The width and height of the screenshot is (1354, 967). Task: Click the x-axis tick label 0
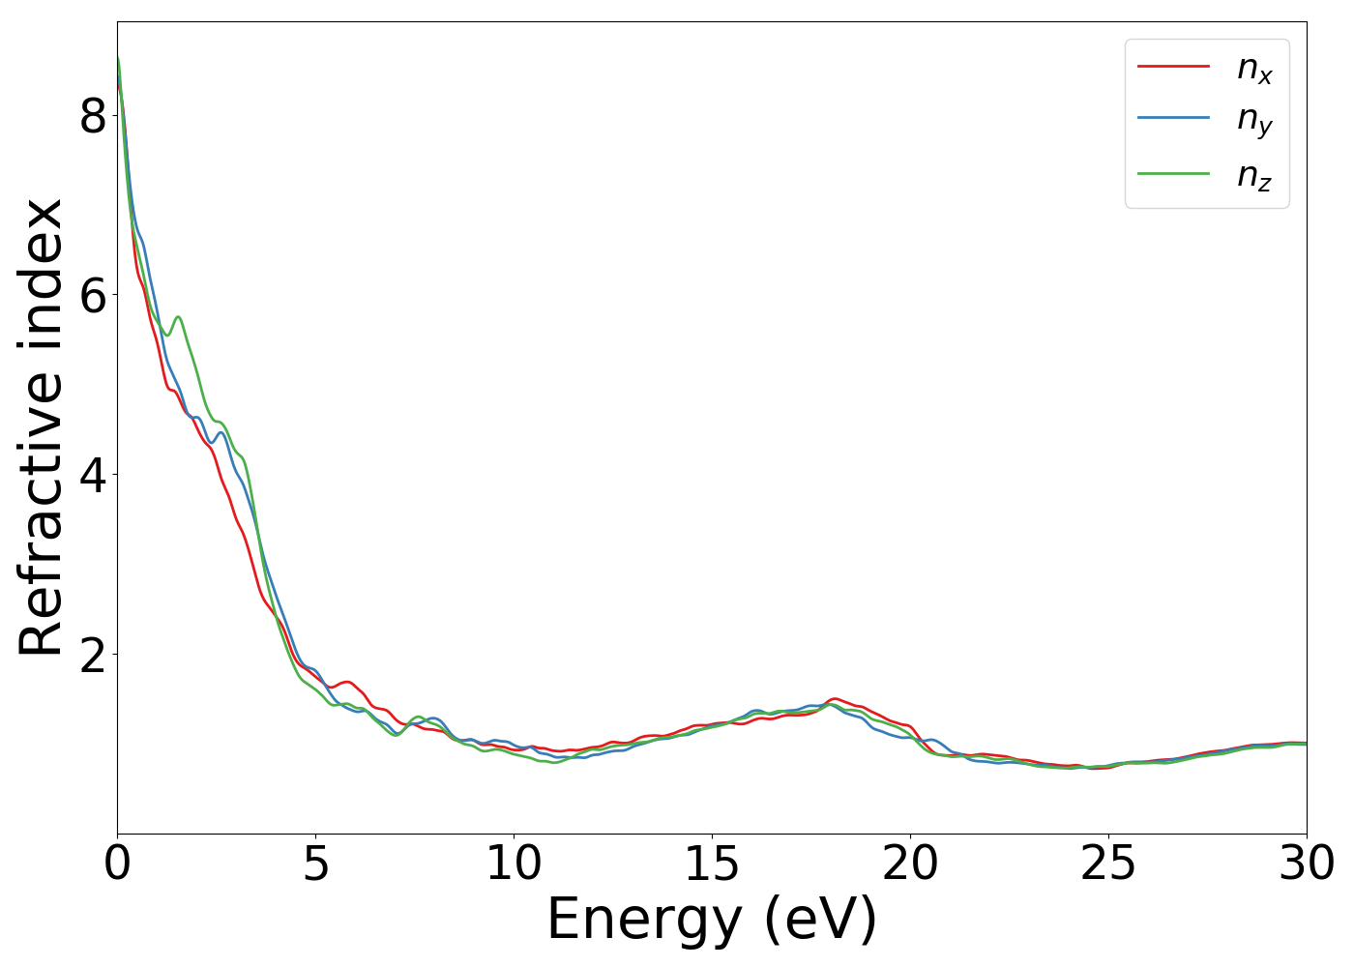click(117, 864)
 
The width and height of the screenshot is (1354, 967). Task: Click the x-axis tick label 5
click(315, 864)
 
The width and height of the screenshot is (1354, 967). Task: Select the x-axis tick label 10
click(514, 864)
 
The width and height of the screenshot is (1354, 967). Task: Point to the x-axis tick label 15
click(712, 864)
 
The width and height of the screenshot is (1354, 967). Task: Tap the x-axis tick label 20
click(910, 864)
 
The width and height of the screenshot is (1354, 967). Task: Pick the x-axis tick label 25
click(1108, 864)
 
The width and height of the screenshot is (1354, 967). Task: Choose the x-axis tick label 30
click(1306, 864)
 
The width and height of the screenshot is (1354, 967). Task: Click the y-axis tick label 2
click(93, 655)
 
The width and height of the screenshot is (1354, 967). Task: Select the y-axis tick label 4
click(93, 475)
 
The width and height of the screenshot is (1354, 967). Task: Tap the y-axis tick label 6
click(93, 295)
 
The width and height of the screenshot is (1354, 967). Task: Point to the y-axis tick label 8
click(93, 116)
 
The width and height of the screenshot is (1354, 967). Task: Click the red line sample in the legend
click(1173, 66)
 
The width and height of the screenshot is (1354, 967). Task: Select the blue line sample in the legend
click(1173, 118)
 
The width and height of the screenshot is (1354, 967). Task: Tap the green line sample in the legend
click(1173, 173)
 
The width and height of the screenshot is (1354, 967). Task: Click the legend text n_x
click(1254, 69)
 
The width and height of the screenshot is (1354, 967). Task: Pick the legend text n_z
click(1254, 176)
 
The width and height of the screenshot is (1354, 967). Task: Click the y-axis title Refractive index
click(43, 427)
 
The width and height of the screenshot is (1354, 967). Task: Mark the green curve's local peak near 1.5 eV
click(178, 316)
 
